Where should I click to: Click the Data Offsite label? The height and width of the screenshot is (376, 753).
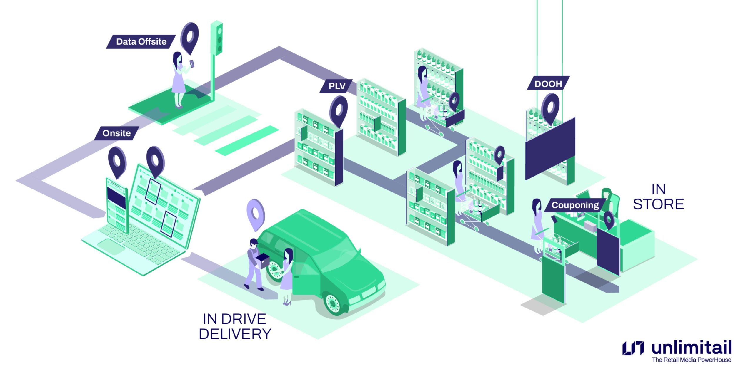pos(141,42)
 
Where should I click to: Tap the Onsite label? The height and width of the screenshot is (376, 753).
pos(116,133)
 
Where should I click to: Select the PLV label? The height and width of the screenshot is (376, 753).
pos(336,86)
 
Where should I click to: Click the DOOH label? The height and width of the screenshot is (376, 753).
pos(548,84)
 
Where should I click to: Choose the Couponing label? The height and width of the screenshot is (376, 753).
pos(575,205)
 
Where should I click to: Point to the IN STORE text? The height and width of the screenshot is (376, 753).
pos(658,197)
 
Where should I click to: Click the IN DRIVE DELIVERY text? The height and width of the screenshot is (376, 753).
pos(235,326)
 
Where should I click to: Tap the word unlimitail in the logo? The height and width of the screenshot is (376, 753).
pos(691,348)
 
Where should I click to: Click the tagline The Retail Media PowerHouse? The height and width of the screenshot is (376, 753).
pos(691,360)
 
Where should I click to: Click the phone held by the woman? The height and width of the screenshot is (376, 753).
pos(192,63)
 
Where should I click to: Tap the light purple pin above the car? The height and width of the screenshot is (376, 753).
pos(255,214)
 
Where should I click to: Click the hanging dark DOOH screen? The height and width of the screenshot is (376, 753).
pos(550,150)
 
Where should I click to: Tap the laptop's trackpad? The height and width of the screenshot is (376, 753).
pos(112,247)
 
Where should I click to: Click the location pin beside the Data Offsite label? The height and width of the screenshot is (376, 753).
pos(190,37)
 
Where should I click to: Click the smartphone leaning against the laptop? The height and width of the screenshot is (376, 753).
pos(117,206)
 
